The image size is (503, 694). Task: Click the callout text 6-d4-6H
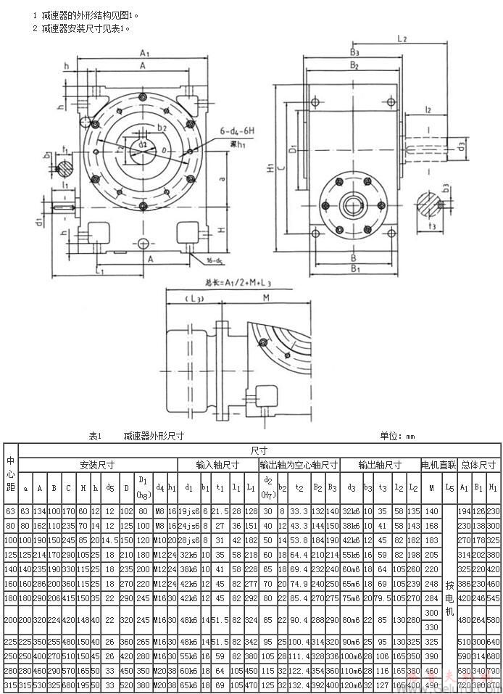(236, 131)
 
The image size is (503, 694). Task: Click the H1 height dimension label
(270, 169)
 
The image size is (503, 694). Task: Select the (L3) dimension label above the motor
(193, 298)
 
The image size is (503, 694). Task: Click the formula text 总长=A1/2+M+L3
(239, 281)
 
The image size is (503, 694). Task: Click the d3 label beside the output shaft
(462, 146)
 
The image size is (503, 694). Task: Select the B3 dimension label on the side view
(354, 53)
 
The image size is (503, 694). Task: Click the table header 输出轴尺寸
(380, 465)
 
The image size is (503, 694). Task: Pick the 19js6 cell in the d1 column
(188, 512)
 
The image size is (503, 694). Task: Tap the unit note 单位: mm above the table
(397, 437)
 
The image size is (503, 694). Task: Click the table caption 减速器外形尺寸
(154, 437)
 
